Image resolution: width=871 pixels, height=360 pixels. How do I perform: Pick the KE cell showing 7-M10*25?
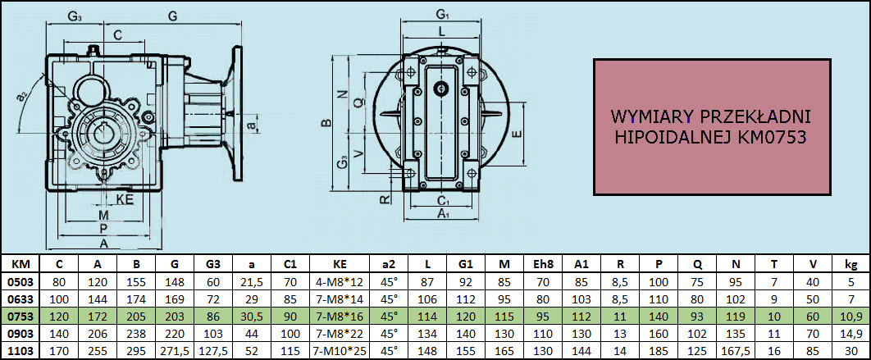point(341,351)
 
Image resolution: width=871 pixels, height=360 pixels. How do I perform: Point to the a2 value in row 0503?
point(390,281)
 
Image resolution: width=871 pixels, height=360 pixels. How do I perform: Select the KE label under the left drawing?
point(125,200)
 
